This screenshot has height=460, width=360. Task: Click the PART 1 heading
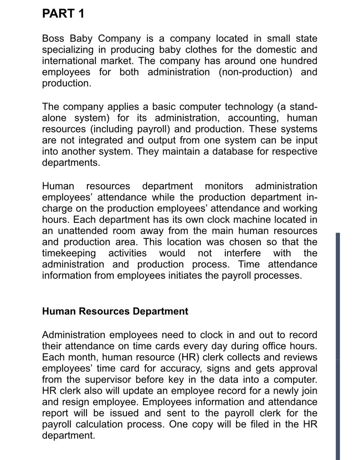pos(63,14)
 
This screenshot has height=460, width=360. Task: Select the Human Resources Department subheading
pos(115,311)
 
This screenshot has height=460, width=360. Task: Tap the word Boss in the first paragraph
pos(54,39)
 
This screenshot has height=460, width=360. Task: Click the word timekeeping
pos(69,253)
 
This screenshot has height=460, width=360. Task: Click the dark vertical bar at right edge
pos(338,345)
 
